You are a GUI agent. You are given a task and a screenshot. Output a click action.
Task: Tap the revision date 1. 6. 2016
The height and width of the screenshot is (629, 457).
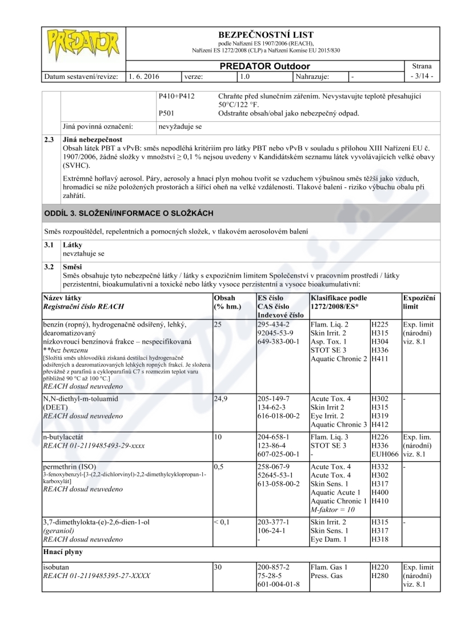point(145,75)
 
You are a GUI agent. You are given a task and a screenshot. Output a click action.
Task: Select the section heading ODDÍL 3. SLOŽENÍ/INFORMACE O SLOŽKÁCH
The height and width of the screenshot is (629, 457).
point(129,213)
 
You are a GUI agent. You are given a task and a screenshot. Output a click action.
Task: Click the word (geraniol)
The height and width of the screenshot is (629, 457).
point(60,530)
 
